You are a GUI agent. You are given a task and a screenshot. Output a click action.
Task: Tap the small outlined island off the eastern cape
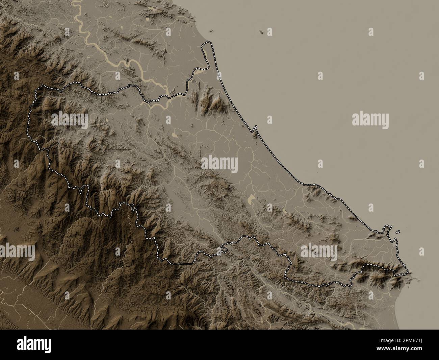tap(398, 232)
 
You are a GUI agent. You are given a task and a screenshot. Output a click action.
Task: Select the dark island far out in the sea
tap(261, 31)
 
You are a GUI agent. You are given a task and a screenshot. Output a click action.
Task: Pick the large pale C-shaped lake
tap(251, 199)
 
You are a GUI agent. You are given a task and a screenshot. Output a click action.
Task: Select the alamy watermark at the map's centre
tap(219, 165)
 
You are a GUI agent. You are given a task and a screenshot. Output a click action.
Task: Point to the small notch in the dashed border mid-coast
tap(255, 128)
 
